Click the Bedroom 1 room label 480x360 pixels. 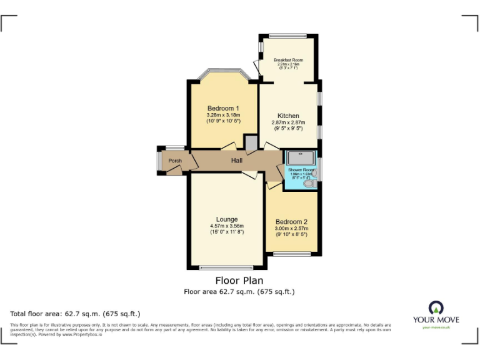tap(223, 109)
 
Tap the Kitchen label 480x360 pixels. tap(288, 116)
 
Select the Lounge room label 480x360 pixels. tap(227, 219)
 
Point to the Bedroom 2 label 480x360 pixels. tap(291, 222)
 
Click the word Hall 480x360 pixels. tap(237, 161)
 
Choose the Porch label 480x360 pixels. tap(176, 161)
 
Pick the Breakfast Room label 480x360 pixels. tap(289, 60)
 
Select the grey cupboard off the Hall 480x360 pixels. tap(251, 144)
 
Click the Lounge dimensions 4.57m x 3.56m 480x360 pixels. tap(227, 226)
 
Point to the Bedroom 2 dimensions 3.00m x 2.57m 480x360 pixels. tap(291, 229)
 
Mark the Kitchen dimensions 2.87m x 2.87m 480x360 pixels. tap(288, 122)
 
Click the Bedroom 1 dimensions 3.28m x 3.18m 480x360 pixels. tap(223, 115)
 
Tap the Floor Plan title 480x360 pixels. tap(239, 281)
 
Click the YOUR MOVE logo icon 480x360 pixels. tap(436, 307)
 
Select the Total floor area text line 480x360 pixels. tap(76, 313)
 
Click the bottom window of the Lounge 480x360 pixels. tap(227, 267)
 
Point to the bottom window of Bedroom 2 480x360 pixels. tap(292, 254)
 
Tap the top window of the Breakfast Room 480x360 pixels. tap(288, 35)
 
